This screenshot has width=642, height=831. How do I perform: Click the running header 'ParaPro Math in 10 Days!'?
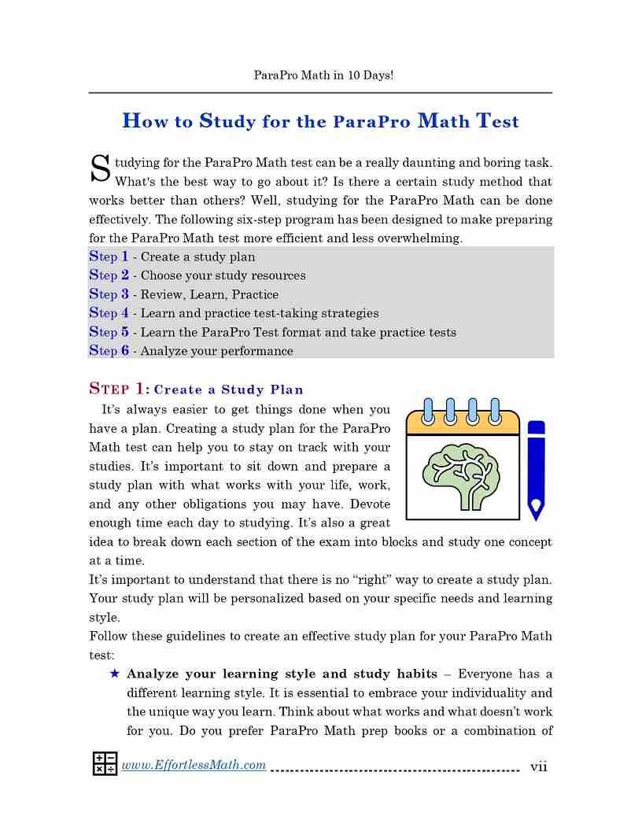coord(323,76)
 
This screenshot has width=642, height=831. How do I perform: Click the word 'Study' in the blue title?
coord(227,121)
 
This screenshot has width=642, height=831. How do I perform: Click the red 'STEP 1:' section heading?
coord(118,389)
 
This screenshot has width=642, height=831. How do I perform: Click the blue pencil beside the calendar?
coord(536,471)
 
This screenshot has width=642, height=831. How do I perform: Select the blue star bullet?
coord(115,674)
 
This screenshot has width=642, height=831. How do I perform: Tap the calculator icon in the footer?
coord(105,764)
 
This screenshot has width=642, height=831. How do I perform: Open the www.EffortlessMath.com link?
coord(194,765)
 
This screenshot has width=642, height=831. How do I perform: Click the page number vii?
coord(539,766)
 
